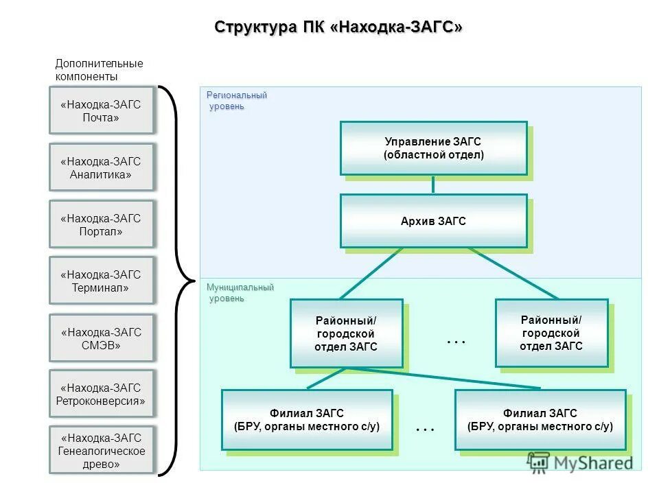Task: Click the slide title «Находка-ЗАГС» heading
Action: click(x=338, y=27)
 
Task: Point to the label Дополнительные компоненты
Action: click(x=99, y=70)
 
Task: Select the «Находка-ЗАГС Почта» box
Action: click(x=101, y=110)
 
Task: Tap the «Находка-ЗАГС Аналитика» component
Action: click(x=101, y=167)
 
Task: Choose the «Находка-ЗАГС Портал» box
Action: click(x=101, y=224)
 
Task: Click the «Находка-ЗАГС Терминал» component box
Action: click(x=101, y=281)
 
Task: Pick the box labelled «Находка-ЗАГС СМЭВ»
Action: click(x=101, y=338)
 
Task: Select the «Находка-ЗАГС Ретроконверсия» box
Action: click(x=101, y=394)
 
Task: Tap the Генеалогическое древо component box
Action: click(x=101, y=450)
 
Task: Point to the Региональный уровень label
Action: click(x=236, y=100)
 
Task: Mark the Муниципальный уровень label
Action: click(x=240, y=292)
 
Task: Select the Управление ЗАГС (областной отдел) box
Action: click(x=433, y=148)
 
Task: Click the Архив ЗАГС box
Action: click(x=433, y=221)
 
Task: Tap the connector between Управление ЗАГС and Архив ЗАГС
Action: click(x=433, y=185)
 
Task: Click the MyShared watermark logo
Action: click(x=580, y=462)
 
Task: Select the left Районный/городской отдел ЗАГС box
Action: click(x=346, y=333)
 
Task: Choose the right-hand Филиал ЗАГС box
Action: click(x=540, y=420)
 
